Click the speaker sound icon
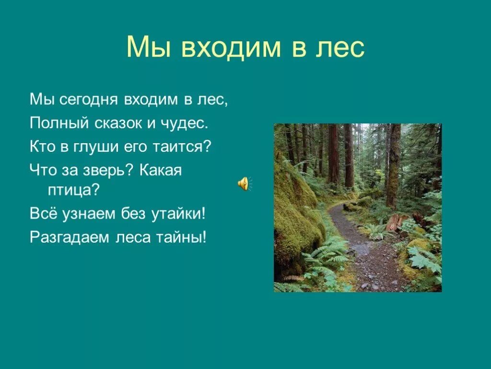click(244, 184)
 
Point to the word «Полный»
click(52, 123)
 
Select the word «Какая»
click(161, 170)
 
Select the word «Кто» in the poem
click(41, 147)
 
